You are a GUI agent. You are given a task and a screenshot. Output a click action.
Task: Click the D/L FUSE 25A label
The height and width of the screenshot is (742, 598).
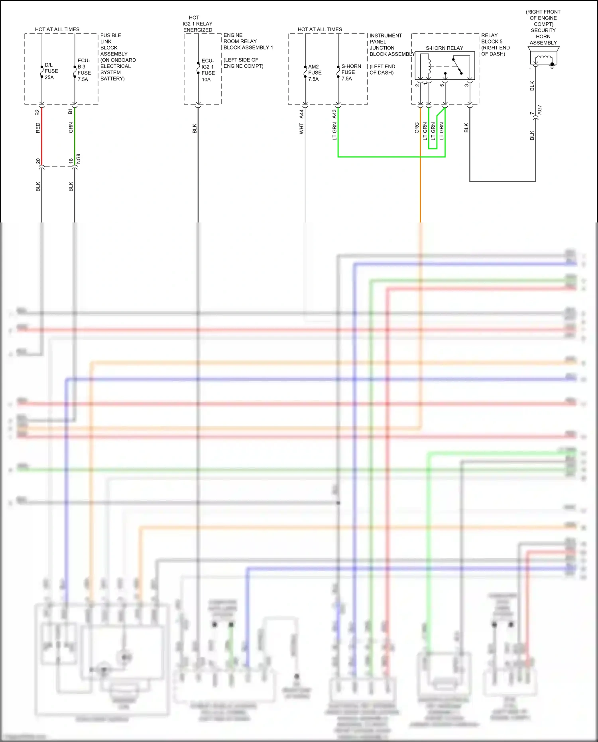tap(51, 71)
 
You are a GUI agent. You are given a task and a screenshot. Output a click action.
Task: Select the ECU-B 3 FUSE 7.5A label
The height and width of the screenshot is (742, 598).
tap(84, 70)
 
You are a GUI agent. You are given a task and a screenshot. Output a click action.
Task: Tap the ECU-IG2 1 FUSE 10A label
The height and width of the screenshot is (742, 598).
tap(208, 70)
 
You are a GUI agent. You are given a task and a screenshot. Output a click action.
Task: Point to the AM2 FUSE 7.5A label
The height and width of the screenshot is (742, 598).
tap(315, 73)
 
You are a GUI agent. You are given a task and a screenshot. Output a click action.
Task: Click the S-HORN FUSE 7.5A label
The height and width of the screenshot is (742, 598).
tap(351, 72)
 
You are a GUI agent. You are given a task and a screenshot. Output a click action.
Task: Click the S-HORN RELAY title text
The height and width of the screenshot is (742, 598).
tap(444, 48)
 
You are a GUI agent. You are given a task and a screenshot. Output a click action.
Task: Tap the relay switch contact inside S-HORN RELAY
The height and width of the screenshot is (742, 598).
tap(458, 66)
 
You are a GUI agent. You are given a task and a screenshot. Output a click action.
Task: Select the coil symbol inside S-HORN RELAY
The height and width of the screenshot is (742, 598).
tap(429, 66)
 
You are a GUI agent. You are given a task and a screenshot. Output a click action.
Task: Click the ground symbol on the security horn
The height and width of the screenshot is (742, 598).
tap(552, 66)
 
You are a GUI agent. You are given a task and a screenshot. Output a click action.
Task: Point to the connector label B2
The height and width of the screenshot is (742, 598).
tap(37, 112)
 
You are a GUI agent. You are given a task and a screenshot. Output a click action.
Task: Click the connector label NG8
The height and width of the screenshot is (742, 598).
tap(79, 158)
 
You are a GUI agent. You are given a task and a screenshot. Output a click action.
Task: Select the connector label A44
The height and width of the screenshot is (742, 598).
tap(301, 114)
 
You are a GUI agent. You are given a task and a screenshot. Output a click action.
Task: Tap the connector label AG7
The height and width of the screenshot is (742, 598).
tap(539, 110)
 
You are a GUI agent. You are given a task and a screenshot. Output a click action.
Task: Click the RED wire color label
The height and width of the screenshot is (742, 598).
tap(38, 128)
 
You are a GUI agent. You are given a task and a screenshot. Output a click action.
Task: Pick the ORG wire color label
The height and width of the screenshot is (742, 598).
tap(417, 128)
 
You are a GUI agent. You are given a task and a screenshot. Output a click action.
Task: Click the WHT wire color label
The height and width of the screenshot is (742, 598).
tap(301, 128)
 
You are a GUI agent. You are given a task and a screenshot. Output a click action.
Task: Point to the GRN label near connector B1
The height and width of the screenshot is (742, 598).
tap(71, 128)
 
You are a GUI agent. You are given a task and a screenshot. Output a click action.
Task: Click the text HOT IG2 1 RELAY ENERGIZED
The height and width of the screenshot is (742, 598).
tap(197, 24)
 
